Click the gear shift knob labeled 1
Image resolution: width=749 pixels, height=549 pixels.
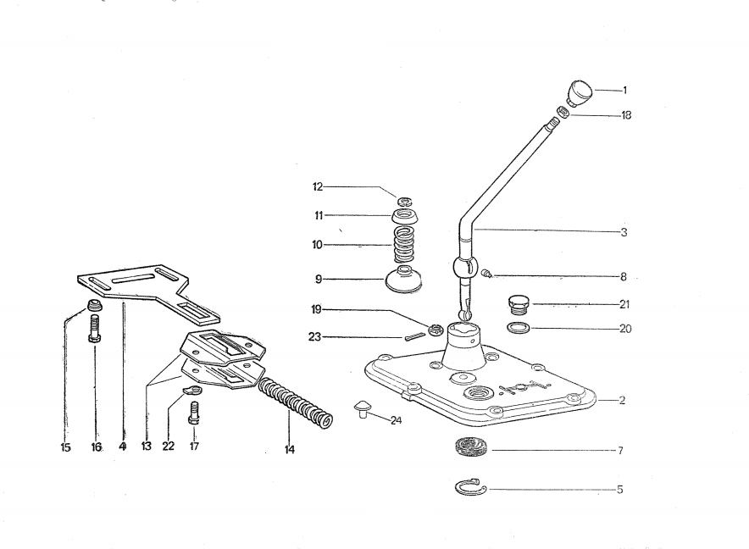click(x=579, y=92)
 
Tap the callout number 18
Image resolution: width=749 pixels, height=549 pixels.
click(x=626, y=115)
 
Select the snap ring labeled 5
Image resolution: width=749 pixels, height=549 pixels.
click(x=467, y=487)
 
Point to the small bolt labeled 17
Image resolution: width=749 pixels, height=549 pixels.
click(x=194, y=414)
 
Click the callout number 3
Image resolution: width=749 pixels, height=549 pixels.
click(x=624, y=231)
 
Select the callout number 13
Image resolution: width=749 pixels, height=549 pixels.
click(x=147, y=446)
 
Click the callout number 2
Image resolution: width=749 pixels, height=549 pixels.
click(x=622, y=401)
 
